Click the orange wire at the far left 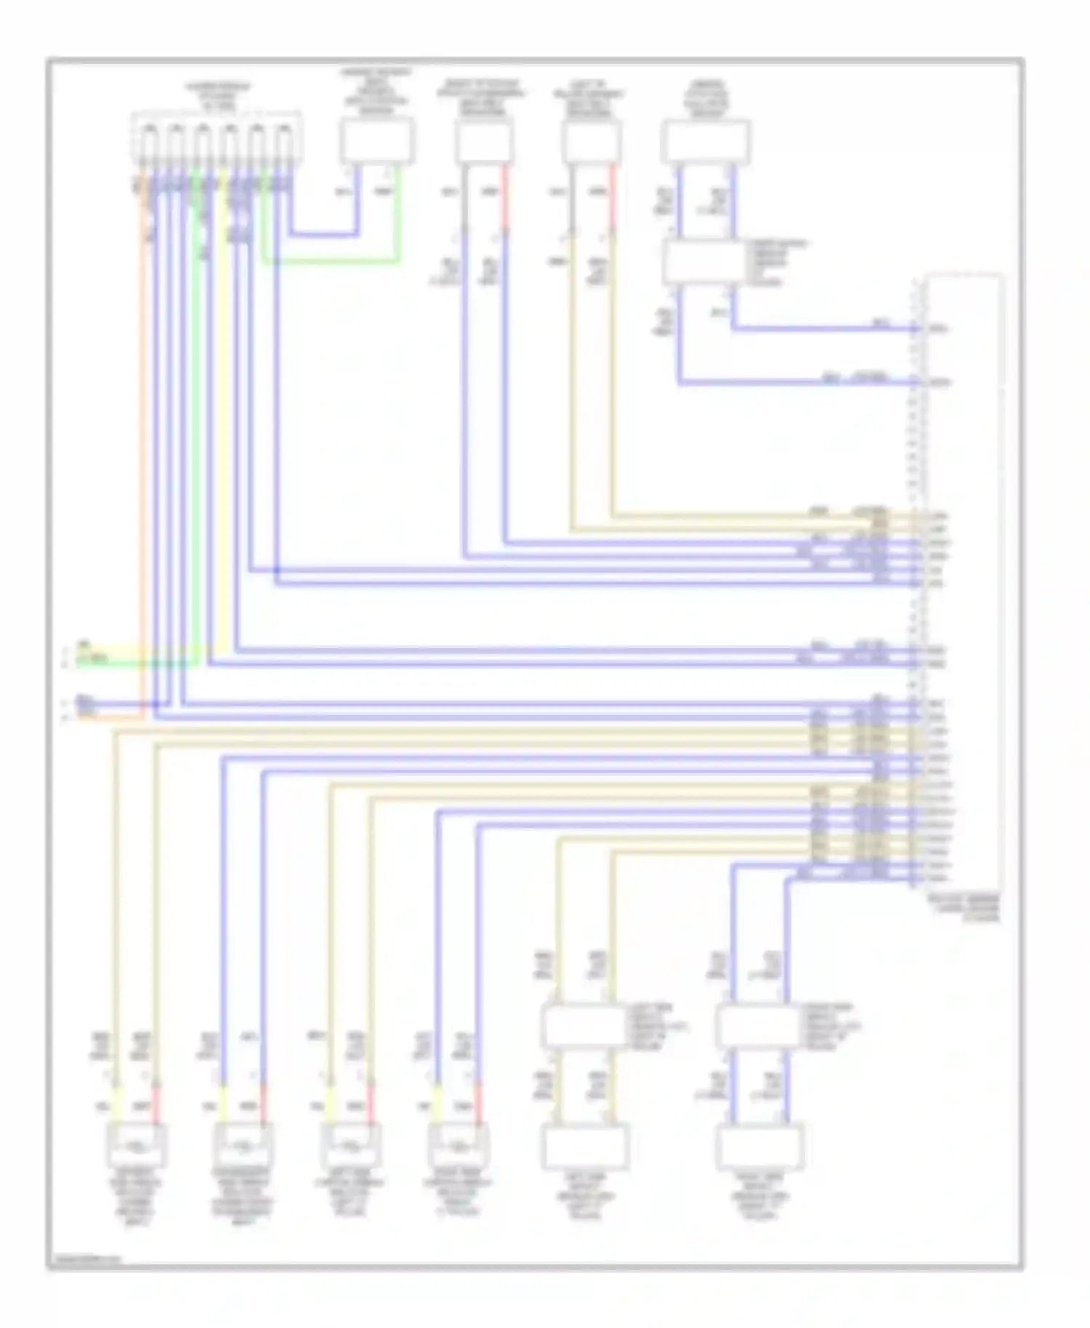[x=143, y=436]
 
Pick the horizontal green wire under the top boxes [x=331, y=261]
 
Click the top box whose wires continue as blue [x=484, y=142]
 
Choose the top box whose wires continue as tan [x=591, y=142]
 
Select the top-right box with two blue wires [x=706, y=142]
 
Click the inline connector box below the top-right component [x=703, y=262]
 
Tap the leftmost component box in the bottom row [x=137, y=1146]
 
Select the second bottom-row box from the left [x=242, y=1146]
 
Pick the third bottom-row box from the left [x=350, y=1146]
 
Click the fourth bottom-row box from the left [x=458, y=1146]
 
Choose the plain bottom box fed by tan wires [x=585, y=1147]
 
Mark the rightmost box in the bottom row [x=759, y=1147]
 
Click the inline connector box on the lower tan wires [x=585, y=1026]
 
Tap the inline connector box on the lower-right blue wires [x=758, y=1026]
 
